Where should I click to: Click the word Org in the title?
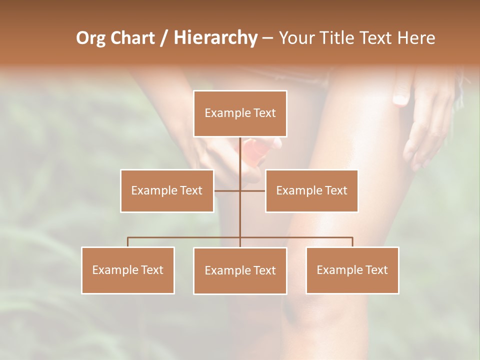pyautogui.click(x=90, y=38)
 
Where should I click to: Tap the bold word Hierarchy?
pyautogui.click(x=215, y=38)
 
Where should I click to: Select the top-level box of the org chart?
pyautogui.click(x=240, y=113)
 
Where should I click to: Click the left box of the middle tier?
pyautogui.click(x=166, y=190)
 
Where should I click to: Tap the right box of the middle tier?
pyautogui.click(x=311, y=190)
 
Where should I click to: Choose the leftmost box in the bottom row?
pyautogui.click(x=127, y=270)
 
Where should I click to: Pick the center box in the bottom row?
pyautogui.click(x=240, y=270)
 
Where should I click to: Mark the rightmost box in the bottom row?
pyautogui.click(x=352, y=270)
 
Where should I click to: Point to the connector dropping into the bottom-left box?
pyautogui.click(x=127, y=242)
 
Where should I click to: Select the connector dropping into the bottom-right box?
pyautogui.click(x=352, y=242)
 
